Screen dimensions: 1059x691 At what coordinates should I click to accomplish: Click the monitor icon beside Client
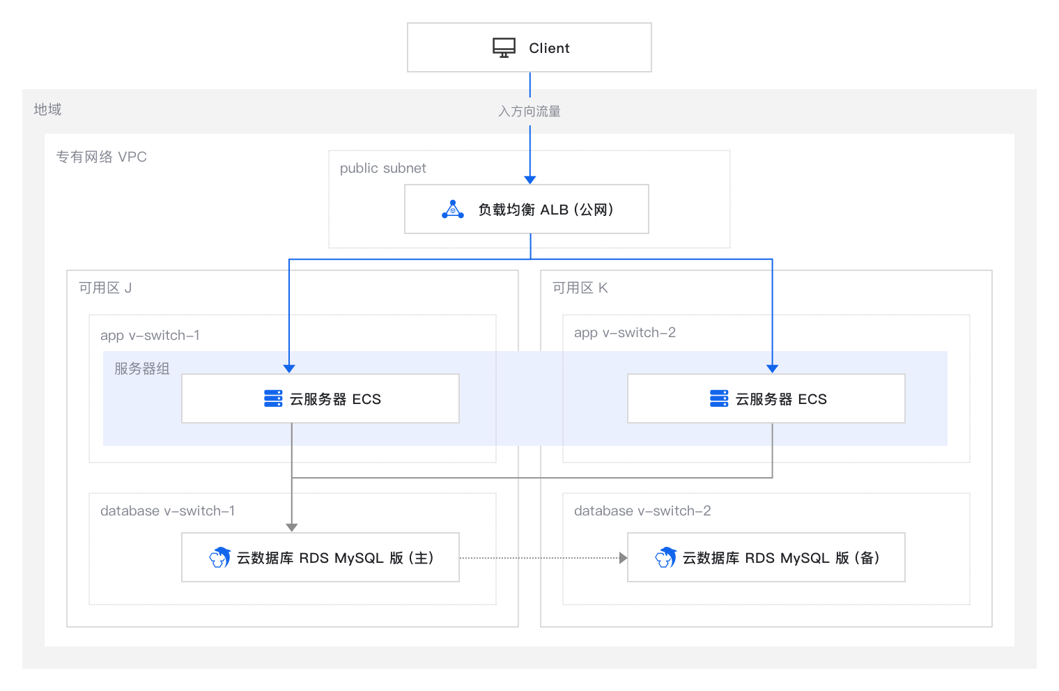(x=504, y=48)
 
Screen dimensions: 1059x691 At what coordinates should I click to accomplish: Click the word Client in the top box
(x=549, y=48)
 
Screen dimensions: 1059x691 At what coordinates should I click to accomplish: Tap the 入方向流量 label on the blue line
(x=529, y=111)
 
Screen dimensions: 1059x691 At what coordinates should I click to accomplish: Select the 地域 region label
(x=47, y=109)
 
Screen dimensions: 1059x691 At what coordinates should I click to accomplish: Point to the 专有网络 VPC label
(x=101, y=157)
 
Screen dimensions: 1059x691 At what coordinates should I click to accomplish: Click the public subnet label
(x=383, y=169)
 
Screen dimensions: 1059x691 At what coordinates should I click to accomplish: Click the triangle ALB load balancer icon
(x=452, y=210)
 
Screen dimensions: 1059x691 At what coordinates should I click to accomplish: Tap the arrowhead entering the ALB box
(x=530, y=180)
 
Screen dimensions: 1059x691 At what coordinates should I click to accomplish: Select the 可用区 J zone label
(x=105, y=288)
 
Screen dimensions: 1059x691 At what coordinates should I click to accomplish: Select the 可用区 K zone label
(x=580, y=288)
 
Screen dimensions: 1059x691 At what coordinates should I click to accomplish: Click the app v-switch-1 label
(x=150, y=336)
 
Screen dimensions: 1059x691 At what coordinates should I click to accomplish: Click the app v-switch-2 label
(x=624, y=333)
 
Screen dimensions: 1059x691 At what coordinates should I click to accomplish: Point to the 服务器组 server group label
(x=142, y=368)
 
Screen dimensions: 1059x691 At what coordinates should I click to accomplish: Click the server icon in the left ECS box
(x=273, y=398)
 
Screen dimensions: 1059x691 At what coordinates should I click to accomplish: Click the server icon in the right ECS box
(x=719, y=398)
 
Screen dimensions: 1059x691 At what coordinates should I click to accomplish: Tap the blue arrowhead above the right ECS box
(x=773, y=368)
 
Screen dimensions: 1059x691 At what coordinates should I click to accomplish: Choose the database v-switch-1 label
(x=167, y=511)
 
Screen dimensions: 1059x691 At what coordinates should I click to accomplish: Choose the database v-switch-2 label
(x=642, y=511)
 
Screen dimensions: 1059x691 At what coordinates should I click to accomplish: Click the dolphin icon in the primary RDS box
(x=220, y=558)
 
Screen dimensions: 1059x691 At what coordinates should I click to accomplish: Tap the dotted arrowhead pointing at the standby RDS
(x=624, y=558)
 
